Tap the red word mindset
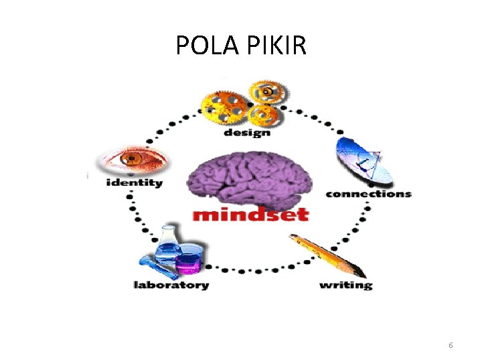point(250,215)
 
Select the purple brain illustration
point(248,179)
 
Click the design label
point(246,132)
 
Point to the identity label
point(134,182)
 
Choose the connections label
point(368,194)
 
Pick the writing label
point(345,285)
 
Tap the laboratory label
point(171,285)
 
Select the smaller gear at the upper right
point(266,91)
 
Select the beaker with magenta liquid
point(189,261)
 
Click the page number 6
point(451,345)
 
